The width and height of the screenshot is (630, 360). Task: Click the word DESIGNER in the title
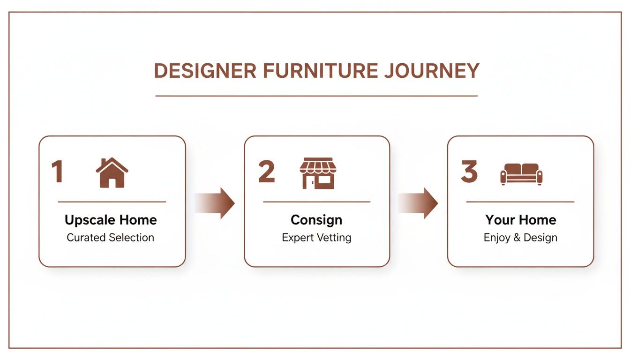[x=205, y=71]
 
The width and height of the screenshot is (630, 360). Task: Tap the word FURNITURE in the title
[x=320, y=71]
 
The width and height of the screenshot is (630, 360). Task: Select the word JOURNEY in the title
[x=432, y=71]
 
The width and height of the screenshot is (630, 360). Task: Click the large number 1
[x=57, y=172]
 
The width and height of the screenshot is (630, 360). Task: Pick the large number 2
[x=267, y=172]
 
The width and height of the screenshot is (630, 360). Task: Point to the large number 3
[x=469, y=172]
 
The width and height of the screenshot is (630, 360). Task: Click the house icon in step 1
[x=112, y=173]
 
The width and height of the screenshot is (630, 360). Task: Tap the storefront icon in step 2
[x=318, y=173]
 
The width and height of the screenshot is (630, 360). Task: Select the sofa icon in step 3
[x=521, y=174]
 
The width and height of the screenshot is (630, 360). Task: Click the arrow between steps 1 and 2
[x=215, y=203]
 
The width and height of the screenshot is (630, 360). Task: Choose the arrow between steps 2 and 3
[x=418, y=203]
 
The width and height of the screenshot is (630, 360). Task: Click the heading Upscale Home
[x=111, y=220]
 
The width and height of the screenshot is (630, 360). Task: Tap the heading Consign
[x=316, y=220]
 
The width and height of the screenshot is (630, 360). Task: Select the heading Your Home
[x=520, y=220]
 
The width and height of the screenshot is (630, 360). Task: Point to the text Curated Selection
[x=110, y=238]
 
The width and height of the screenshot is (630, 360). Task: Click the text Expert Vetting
[x=316, y=238]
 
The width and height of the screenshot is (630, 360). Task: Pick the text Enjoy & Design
[x=520, y=238]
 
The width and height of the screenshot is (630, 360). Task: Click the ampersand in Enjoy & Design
[x=517, y=238]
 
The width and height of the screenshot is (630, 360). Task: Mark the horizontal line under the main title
[x=316, y=96]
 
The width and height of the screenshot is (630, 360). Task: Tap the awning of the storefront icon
[x=318, y=165]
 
